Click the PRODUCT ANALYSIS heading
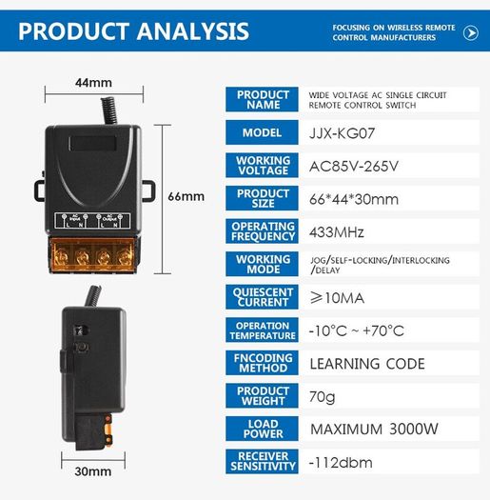coord(133,31)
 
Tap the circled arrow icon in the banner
coord(471,32)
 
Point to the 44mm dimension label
coord(93,83)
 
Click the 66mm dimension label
coord(186,196)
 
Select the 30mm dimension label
coord(93,471)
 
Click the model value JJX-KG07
coord(342,133)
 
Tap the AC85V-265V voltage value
coord(354,166)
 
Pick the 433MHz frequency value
coord(337,232)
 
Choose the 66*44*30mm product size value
coord(354,199)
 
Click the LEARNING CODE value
coord(367,364)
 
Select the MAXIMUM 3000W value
coord(374,430)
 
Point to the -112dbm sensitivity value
coord(341,463)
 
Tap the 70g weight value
coord(323,397)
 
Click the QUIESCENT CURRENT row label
coord(263,297)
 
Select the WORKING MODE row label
coord(264,265)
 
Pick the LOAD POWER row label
coord(264,429)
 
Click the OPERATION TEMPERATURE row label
coord(263,330)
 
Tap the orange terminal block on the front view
coord(92,256)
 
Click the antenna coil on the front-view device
coord(109,110)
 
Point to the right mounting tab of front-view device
coord(149,191)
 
